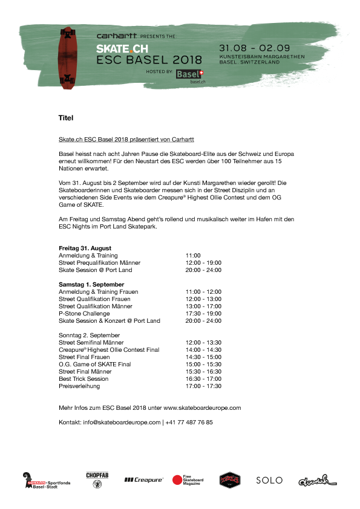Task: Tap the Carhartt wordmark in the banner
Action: coord(117,36)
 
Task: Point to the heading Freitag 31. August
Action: coord(85,248)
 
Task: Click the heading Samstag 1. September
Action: coord(91,284)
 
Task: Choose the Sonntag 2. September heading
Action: coord(90,335)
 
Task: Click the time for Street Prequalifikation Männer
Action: coord(203,263)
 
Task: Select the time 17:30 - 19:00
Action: coord(203,314)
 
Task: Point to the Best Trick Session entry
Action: coord(83,379)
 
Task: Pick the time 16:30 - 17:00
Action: coord(203,379)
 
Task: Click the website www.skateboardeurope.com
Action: coord(202,408)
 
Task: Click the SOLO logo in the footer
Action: coord(269,480)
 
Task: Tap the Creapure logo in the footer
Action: coord(144,480)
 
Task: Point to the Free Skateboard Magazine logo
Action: coord(188,480)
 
